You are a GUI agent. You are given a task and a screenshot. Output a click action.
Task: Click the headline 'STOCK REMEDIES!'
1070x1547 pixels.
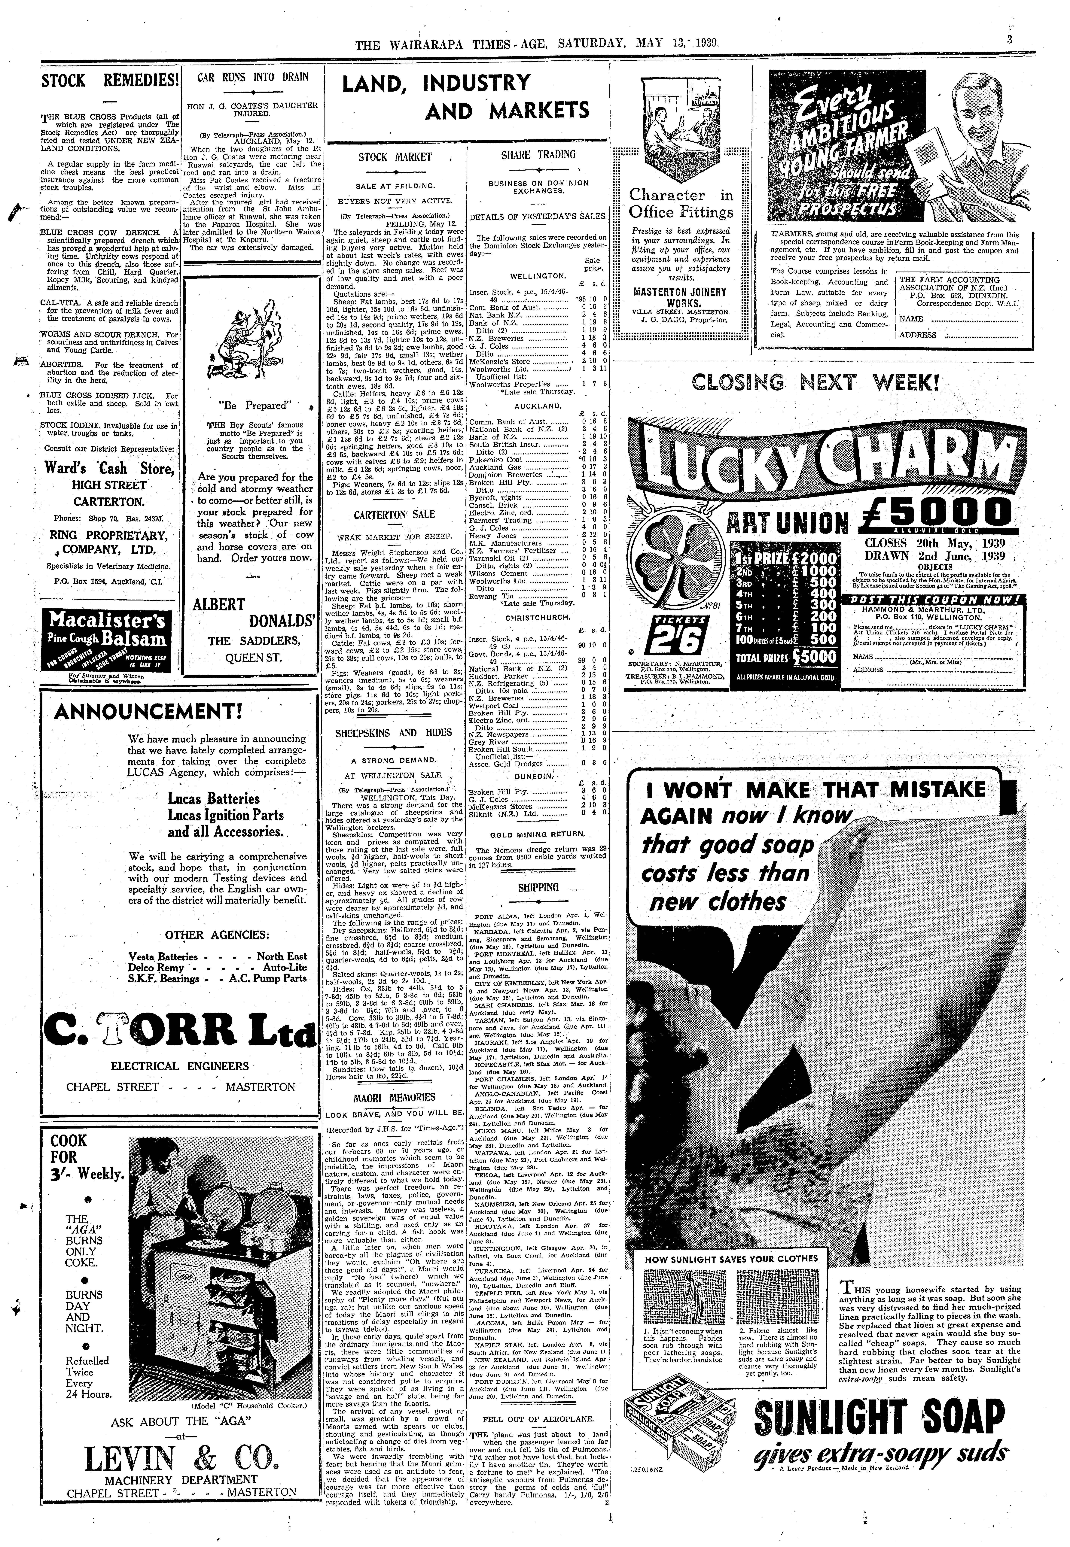click(110, 81)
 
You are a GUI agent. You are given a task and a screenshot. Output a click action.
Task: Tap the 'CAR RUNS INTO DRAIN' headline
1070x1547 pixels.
click(253, 76)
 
